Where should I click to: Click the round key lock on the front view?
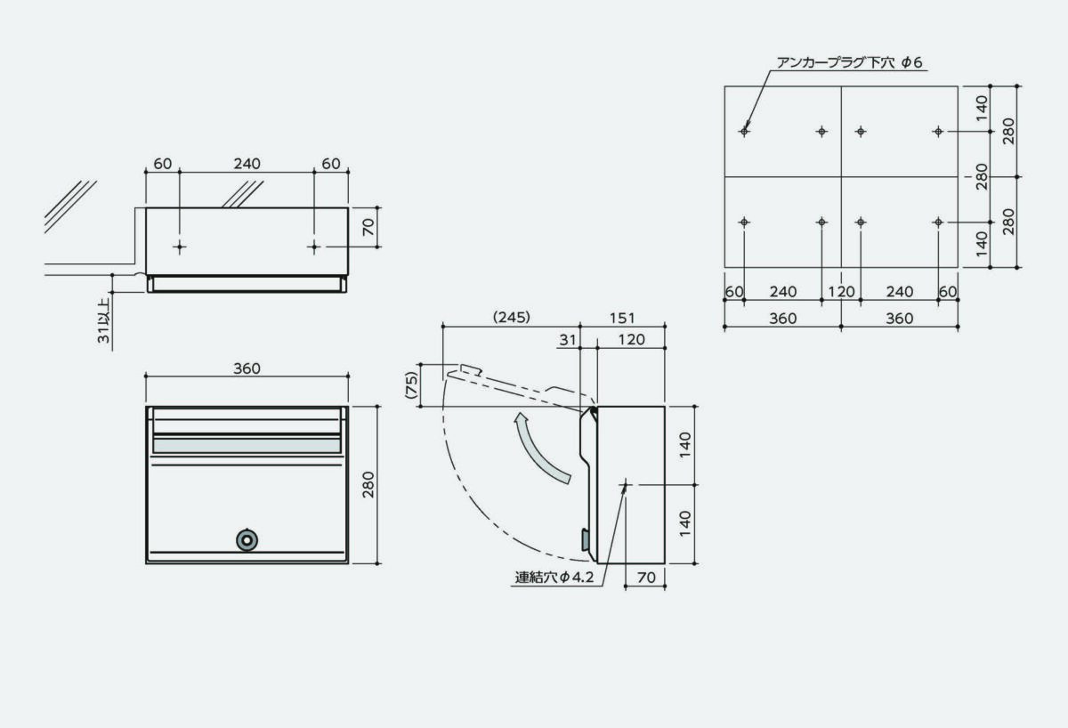247,539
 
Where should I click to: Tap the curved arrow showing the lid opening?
540,450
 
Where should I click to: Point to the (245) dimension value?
510,317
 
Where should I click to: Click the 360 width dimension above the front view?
247,368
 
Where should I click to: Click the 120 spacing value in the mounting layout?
840,291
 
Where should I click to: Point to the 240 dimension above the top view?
247,163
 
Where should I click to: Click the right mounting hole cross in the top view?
313,247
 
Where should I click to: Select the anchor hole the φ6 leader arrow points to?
745,132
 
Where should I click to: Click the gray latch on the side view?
585,538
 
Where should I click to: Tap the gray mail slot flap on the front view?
247,444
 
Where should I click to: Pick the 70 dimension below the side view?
647,578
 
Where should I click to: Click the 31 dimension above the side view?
569,340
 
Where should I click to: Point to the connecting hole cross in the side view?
626,484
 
